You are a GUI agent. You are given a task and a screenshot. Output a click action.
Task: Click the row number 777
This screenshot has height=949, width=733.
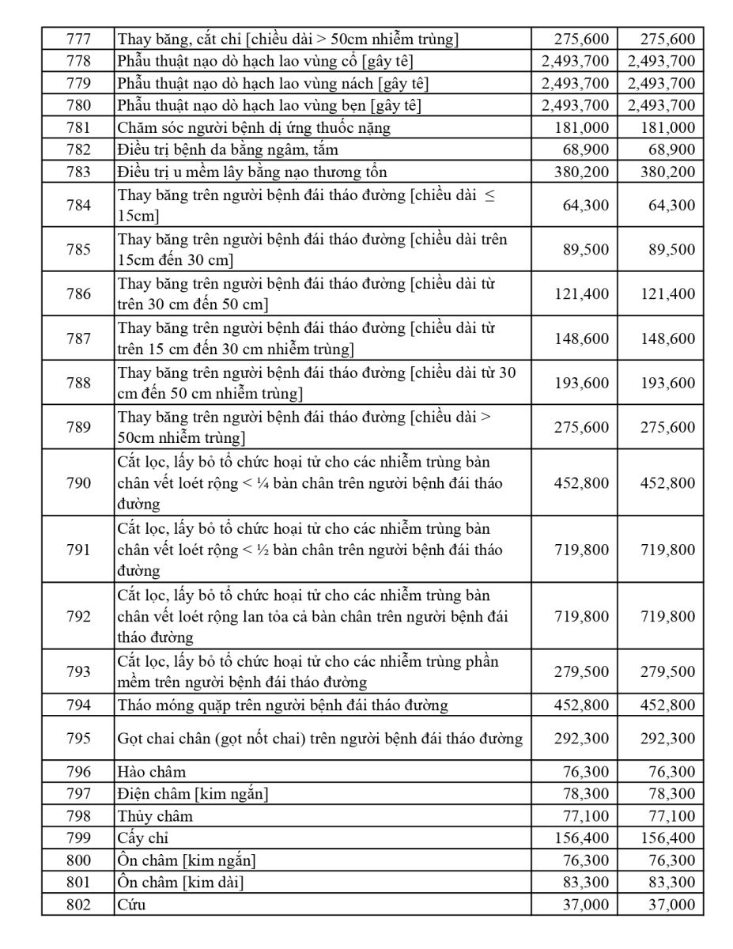point(78,38)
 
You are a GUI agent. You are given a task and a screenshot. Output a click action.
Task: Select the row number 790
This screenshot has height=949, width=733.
point(78,482)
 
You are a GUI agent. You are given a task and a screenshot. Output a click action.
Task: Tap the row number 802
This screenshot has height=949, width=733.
point(78,905)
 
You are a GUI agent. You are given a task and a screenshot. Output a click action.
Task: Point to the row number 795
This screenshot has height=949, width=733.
point(78,739)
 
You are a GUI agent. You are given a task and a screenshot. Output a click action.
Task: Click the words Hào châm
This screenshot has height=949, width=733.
point(152,772)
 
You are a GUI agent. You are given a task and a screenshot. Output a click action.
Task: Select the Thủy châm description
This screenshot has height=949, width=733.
point(155,816)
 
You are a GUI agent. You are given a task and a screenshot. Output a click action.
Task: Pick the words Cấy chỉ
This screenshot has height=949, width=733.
point(143,838)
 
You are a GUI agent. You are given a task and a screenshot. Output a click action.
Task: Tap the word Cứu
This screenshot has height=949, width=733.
point(132,905)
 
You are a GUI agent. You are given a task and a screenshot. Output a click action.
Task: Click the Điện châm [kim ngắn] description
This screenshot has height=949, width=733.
point(193,794)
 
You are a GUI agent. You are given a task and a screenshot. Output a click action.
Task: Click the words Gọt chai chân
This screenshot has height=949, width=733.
point(163,739)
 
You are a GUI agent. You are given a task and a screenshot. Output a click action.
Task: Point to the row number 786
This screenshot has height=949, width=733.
point(78,294)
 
